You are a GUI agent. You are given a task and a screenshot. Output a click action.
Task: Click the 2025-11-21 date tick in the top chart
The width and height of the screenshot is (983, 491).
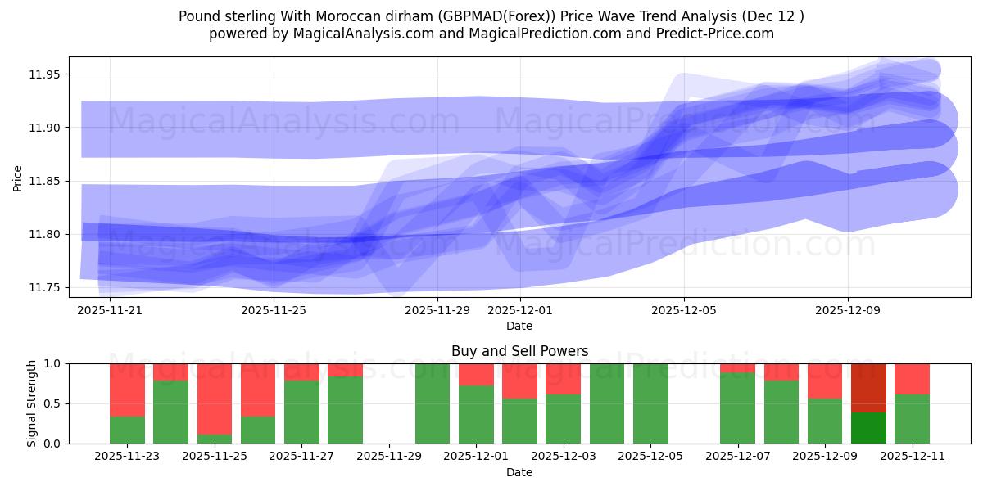110,310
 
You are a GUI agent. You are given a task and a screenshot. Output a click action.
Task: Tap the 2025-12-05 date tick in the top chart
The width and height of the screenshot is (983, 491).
684,310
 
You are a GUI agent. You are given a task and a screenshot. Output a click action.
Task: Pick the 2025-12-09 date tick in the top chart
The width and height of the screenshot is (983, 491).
848,310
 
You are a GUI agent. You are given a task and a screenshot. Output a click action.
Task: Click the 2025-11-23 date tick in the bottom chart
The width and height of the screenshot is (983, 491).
127,457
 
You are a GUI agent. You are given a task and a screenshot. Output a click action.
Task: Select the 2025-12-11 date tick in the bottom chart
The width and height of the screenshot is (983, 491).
912,457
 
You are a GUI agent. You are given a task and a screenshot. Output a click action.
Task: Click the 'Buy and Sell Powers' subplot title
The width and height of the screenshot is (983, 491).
519,351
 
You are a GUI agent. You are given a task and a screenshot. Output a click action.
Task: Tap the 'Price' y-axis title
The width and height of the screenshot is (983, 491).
18,178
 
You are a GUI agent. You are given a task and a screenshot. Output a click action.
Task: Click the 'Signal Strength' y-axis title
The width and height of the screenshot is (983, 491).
32,403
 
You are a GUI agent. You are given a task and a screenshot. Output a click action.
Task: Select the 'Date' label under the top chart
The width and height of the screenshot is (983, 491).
519,326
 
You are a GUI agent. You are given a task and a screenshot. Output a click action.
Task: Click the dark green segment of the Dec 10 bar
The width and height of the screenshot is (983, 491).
868,428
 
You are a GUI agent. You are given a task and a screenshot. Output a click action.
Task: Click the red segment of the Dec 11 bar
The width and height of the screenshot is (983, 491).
912,379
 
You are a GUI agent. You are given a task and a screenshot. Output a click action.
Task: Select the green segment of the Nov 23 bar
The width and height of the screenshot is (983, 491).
127,430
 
